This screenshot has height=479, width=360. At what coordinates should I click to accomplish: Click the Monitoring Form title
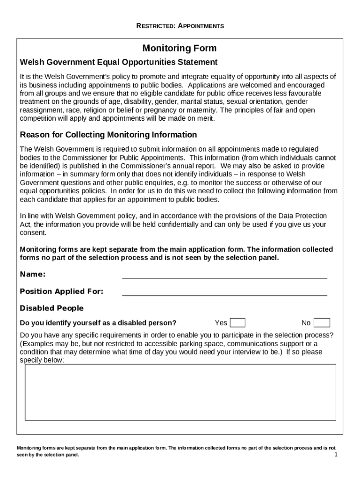[x=180, y=49]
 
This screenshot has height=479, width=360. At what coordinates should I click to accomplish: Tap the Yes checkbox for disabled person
[x=238, y=323]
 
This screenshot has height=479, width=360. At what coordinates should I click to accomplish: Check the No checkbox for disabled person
[x=322, y=323]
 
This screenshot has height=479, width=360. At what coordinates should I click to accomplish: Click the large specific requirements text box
[x=180, y=392]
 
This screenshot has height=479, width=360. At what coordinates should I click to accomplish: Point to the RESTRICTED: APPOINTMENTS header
[x=180, y=26]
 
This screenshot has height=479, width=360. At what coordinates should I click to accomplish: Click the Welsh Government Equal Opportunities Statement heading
[x=119, y=62]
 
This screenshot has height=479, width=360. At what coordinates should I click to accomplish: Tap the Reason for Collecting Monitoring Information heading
[x=108, y=135]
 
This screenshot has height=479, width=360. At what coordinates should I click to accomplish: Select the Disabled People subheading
[x=52, y=308]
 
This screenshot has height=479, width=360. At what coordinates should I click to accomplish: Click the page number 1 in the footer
[x=336, y=455]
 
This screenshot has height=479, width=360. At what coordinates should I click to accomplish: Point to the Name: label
[x=33, y=274]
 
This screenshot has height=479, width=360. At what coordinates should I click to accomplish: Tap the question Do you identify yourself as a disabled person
[x=98, y=323]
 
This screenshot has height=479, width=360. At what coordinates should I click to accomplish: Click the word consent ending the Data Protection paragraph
[x=33, y=232]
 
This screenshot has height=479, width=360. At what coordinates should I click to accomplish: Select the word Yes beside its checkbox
[x=221, y=323]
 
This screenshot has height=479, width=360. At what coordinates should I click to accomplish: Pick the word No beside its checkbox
[x=306, y=323]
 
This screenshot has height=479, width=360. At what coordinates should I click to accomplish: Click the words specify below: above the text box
[x=42, y=360]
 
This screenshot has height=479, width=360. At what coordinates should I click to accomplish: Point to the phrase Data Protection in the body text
[x=302, y=216]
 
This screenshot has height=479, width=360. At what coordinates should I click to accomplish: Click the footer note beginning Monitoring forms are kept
[x=176, y=451]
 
